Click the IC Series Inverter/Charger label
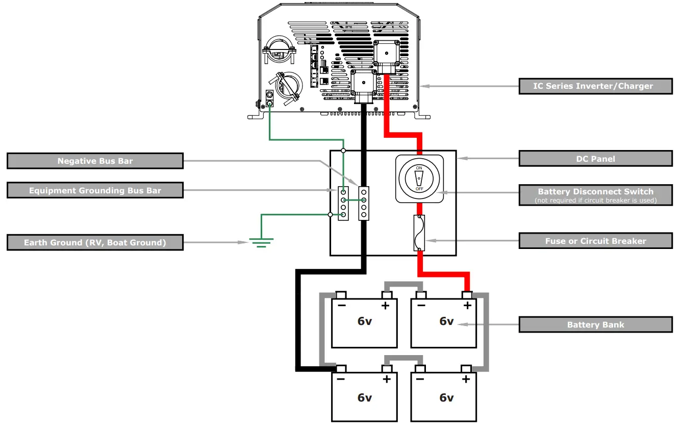click(595, 86)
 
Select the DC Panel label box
click(595, 159)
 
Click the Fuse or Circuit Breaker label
click(595, 241)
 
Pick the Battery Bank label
click(595, 324)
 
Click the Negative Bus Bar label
click(95, 161)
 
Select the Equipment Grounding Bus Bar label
click(95, 190)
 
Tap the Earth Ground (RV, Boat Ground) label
click(95, 242)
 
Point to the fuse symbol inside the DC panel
click(419, 233)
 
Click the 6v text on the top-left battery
click(364, 321)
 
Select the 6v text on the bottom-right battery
click(446, 397)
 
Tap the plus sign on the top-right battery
click(466, 306)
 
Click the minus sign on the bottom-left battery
click(340, 379)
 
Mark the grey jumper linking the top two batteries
click(403, 284)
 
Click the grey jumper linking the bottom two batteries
click(403, 358)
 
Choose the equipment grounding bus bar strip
click(344, 203)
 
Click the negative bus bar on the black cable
click(364, 203)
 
